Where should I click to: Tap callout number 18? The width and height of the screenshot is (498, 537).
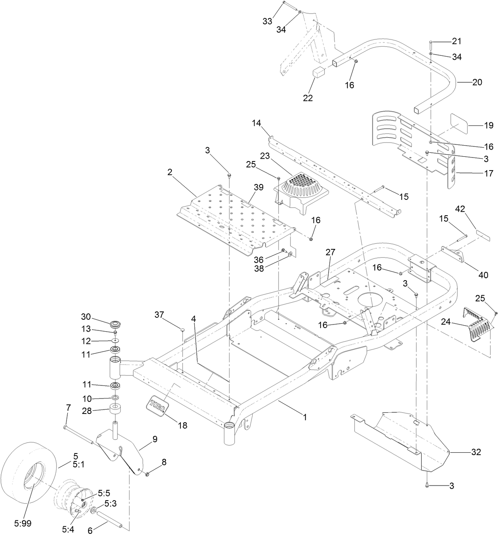182,425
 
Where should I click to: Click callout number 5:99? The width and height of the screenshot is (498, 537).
23,523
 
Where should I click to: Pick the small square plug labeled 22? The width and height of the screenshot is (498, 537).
319,73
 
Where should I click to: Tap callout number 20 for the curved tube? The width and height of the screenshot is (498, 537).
477,82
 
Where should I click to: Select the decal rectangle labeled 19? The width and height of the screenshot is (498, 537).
460,123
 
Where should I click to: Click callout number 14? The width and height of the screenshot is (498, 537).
257,123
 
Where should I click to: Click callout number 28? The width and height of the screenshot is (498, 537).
86,411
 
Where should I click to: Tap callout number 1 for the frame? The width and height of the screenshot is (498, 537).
304,417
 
